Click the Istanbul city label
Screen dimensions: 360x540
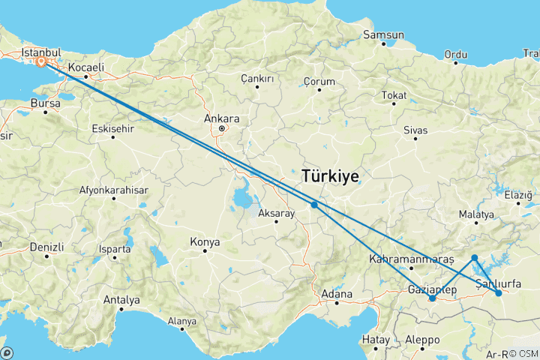(x=40, y=53)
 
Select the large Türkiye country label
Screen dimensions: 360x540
(x=330, y=175)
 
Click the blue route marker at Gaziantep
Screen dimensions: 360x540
(x=432, y=298)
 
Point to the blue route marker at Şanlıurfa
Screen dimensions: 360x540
(x=499, y=293)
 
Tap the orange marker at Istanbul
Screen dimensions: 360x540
(x=41, y=63)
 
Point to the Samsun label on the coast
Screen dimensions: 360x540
(x=383, y=34)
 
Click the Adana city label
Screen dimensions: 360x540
(x=337, y=293)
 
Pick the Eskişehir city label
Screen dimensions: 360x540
(x=112, y=128)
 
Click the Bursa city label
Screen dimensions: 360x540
(x=46, y=102)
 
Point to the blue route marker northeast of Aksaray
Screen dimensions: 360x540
(x=314, y=204)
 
